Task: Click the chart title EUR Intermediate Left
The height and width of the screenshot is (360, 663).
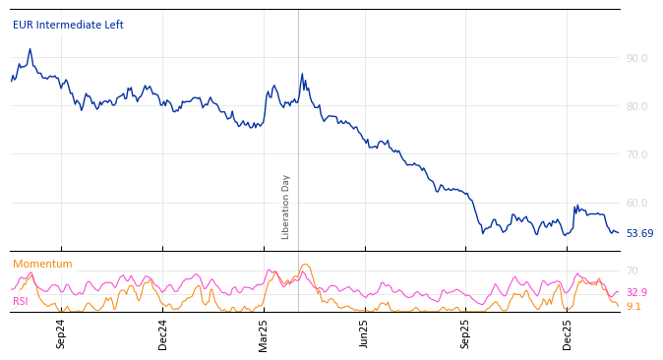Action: click(x=68, y=26)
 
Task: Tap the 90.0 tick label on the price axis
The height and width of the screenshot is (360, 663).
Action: click(x=636, y=58)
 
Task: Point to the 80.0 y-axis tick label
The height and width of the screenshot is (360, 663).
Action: click(x=636, y=106)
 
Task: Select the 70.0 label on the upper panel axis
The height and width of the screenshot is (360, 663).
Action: click(x=636, y=154)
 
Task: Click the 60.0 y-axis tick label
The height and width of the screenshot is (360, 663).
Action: click(x=636, y=203)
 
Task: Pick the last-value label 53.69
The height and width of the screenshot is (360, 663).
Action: click(x=639, y=234)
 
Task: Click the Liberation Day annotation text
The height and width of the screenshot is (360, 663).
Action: click(x=286, y=207)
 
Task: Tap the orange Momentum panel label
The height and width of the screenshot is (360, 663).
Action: click(x=42, y=265)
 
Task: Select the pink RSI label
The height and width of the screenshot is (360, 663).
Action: click(x=21, y=302)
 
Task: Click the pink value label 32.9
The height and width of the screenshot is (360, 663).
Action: click(x=636, y=293)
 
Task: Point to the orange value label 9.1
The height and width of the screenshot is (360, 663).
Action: click(x=633, y=307)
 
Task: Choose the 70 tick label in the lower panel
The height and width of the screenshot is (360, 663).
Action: click(x=633, y=270)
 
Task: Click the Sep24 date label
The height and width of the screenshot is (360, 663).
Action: click(x=61, y=333)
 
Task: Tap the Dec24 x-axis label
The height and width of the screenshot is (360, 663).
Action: click(x=163, y=333)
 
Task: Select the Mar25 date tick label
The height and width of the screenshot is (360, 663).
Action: click(x=264, y=333)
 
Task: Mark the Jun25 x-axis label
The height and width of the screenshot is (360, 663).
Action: click(x=365, y=333)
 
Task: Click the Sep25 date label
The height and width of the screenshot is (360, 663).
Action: click(x=466, y=333)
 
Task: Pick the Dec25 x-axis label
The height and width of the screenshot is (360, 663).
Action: click(x=568, y=333)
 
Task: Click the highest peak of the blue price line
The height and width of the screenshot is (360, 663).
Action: click(x=30, y=49)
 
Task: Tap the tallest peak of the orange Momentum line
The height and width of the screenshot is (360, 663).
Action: click(x=305, y=264)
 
